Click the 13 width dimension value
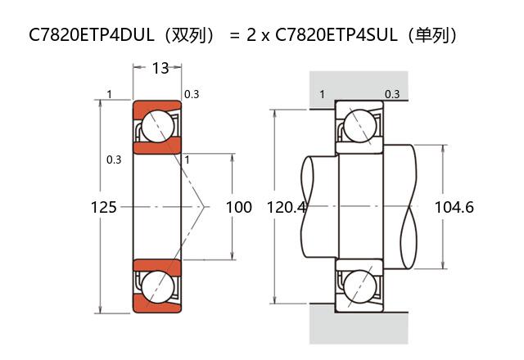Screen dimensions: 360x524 coord(160,68)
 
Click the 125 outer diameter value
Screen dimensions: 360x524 coord(103,207)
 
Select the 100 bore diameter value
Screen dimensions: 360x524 coord(238,207)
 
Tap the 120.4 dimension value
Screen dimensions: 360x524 coord(287,207)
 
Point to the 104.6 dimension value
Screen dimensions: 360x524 coord(454,207)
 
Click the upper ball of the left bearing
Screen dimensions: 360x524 coord(156,126)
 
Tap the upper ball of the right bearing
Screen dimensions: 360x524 coord(359,126)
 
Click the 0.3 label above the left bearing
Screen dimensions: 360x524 coord(192,94)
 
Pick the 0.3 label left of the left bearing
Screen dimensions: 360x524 coord(114,160)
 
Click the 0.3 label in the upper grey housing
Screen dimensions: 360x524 coord(392,94)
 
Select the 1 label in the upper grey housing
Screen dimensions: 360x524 coord(322,94)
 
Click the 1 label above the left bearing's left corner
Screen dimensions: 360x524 coord(109,94)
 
